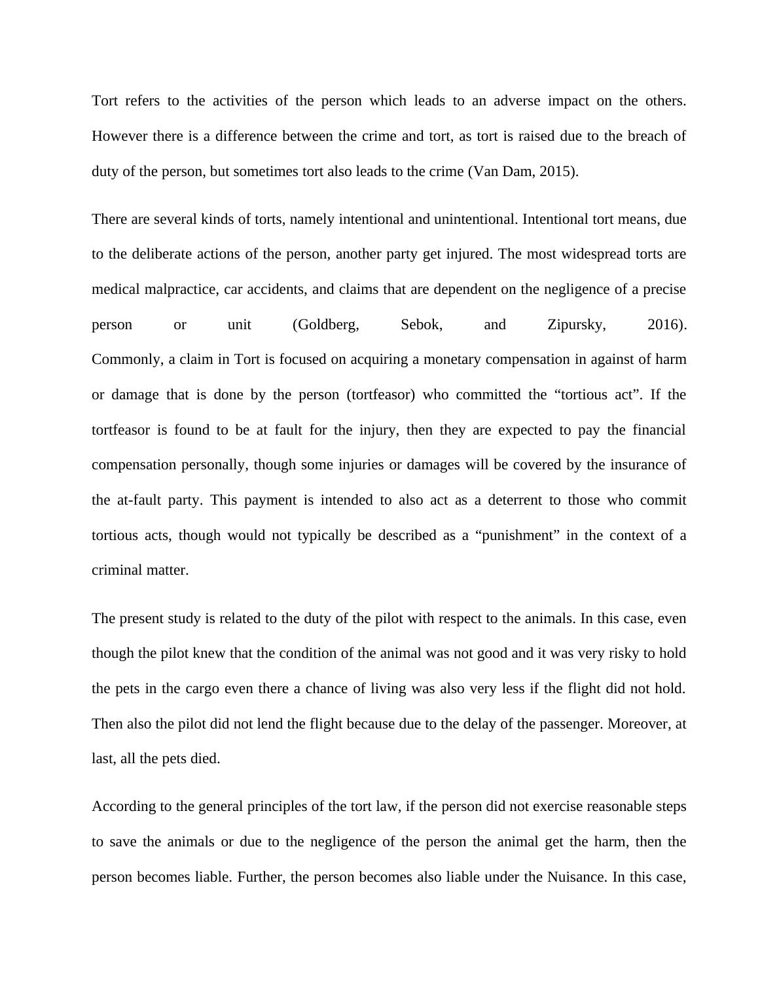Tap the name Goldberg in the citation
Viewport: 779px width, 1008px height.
point(326,325)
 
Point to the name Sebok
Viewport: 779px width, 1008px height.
point(421,325)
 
